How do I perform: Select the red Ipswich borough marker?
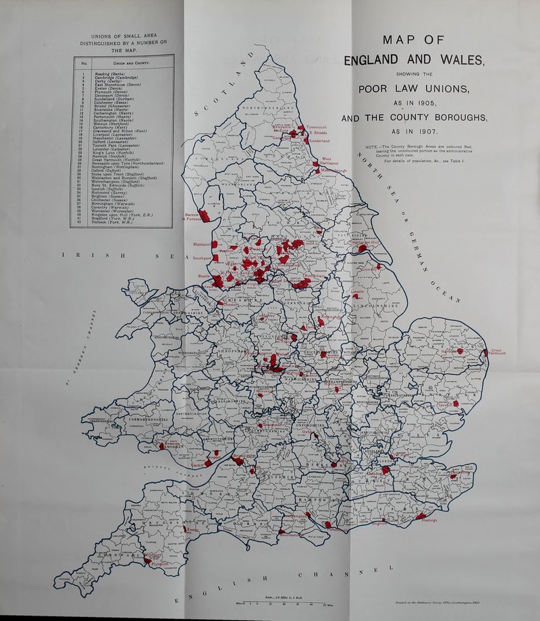[456, 404]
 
